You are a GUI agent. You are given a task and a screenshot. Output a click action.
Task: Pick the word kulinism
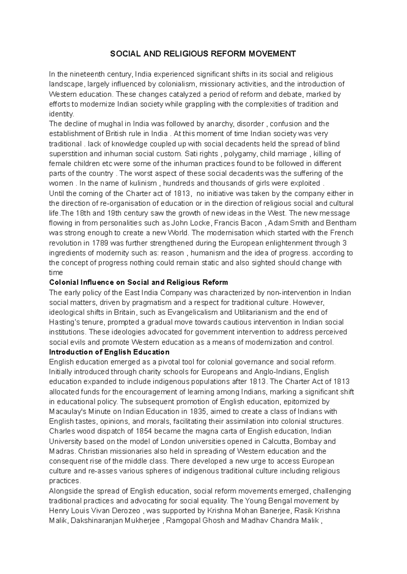coord(143,183)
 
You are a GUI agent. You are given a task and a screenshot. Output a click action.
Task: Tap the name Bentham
coord(341,223)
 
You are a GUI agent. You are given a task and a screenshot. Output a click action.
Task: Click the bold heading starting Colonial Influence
coord(138,283)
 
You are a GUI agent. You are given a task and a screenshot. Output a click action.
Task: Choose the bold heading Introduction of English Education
coord(109,352)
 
